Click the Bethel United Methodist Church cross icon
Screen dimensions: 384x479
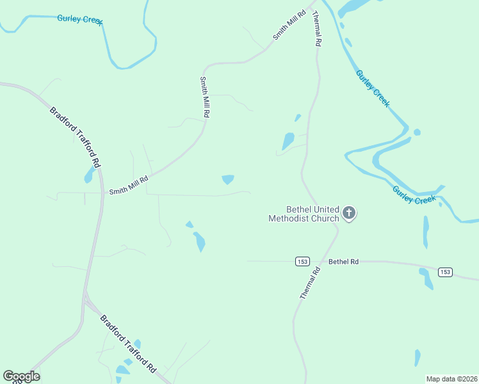348,212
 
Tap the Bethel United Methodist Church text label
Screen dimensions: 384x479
304,214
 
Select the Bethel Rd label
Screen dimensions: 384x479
343,261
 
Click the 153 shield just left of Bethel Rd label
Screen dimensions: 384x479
303,261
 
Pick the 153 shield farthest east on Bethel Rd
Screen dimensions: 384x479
446,272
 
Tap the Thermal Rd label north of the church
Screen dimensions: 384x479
316,30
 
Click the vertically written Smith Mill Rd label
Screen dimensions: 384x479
205,97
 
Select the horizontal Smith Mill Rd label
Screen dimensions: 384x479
129,186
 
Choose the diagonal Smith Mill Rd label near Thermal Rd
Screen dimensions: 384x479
286,26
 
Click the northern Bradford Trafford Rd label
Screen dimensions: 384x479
76,137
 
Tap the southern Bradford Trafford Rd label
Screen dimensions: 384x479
128,344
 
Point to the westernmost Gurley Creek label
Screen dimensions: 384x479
80,19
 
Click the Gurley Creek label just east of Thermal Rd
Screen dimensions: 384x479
373,89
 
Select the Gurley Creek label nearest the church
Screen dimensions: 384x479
414,195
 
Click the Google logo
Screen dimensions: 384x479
21,376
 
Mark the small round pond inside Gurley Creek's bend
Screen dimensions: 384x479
417,132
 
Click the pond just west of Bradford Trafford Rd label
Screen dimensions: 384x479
89,175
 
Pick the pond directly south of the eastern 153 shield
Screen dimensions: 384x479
426,278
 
